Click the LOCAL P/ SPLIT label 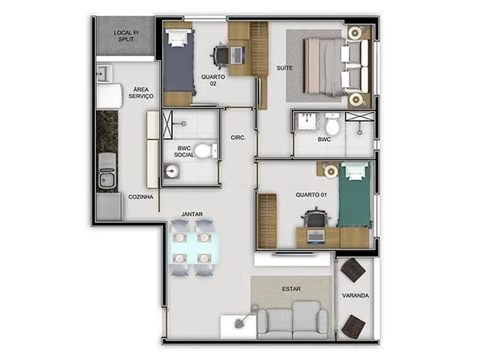tap(127, 36)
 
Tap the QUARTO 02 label tap(213, 80)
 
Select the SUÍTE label tap(284, 68)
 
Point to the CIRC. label tap(238, 138)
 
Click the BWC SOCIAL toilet tap(206, 151)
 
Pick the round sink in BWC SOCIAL tap(172, 171)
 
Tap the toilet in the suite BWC tap(332, 124)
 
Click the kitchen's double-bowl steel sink tap(107, 171)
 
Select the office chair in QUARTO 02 tap(220, 55)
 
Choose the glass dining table tap(195, 248)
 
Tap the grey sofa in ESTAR tap(292, 320)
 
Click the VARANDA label tap(355, 295)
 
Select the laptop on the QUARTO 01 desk tap(316, 237)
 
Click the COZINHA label tap(140, 196)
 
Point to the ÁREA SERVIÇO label tap(141, 92)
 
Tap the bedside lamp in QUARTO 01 tap(331, 171)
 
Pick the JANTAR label tap(192, 214)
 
